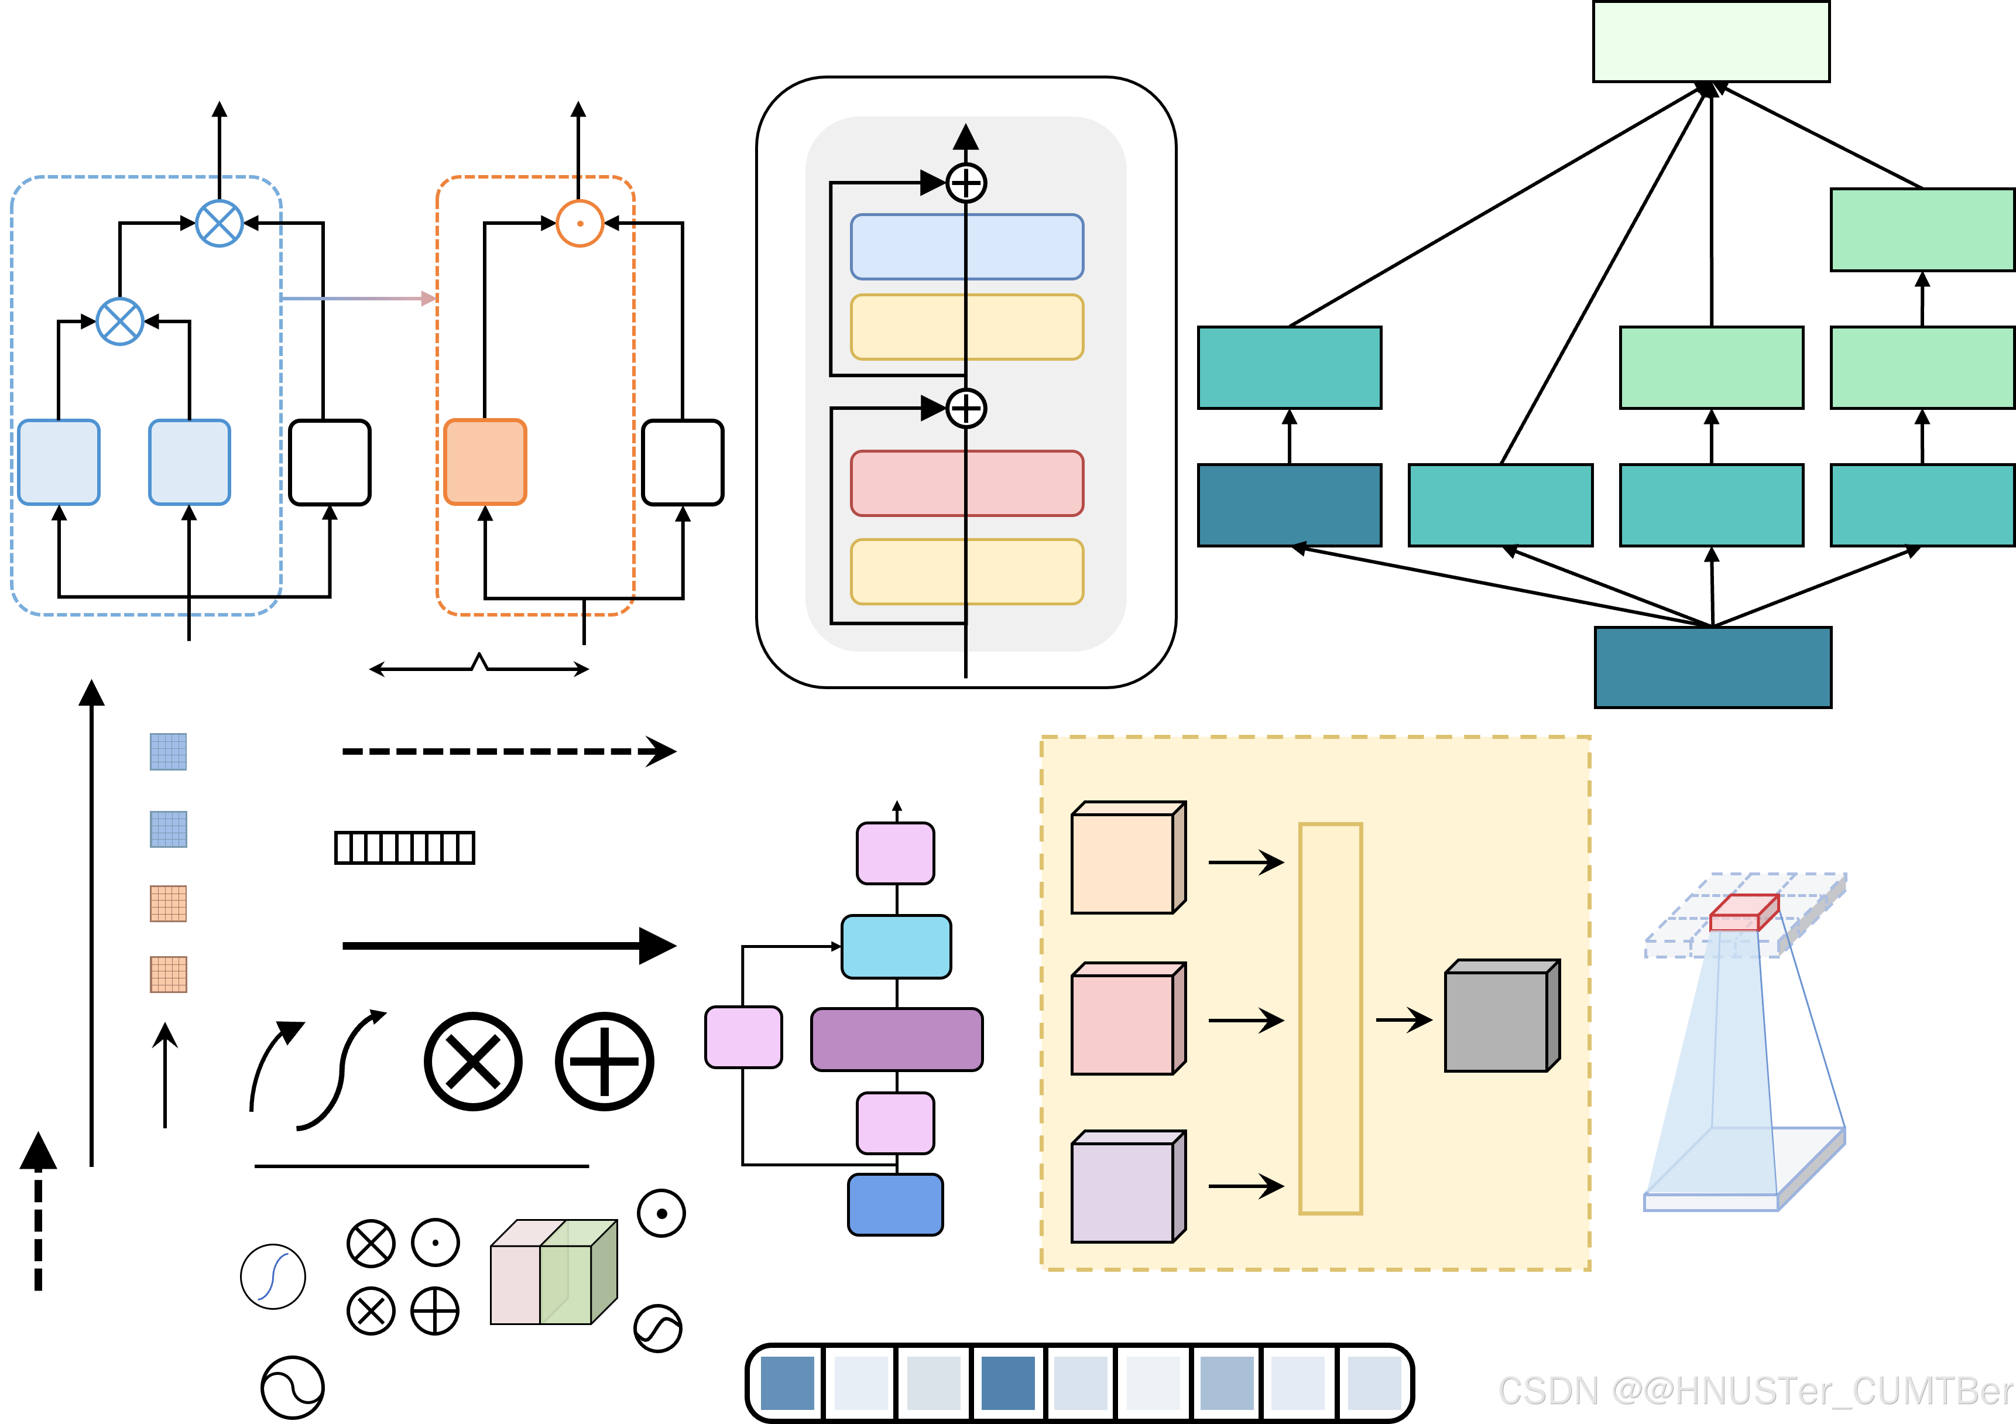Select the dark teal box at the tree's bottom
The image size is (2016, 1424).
click(1712, 667)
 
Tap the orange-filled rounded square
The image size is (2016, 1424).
click(485, 462)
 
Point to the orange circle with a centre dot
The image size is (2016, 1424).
click(580, 223)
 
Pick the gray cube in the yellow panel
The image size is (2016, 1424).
click(1501, 1015)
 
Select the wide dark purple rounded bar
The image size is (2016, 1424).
click(897, 1039)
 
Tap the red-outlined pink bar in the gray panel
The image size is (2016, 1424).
click(967, 483)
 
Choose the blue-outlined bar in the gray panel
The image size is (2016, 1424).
click(967, 247)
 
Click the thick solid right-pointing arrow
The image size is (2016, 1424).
click(509, 945)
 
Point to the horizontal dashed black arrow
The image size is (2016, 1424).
click(509, 751)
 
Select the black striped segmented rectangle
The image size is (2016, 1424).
click(405, 848)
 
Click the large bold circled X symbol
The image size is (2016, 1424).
click(473, 1061)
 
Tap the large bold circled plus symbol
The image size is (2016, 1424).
click(604, 1061)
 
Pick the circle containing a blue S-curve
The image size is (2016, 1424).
click(273, 1276)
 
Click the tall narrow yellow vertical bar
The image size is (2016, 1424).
click(1330, 1018)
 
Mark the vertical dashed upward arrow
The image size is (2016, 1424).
click(39, 1210)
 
